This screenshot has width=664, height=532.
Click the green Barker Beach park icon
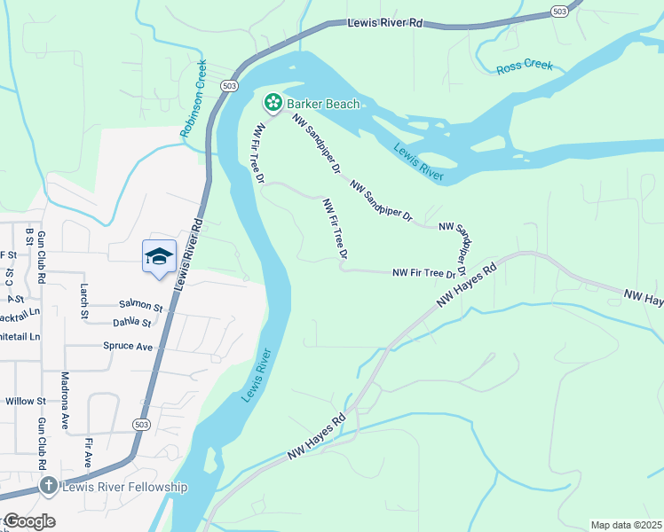coord(273,104)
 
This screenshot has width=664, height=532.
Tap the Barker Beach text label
coord(322,104)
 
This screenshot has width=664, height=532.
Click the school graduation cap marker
coord(159,256)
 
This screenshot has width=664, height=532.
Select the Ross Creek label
coord(525,66)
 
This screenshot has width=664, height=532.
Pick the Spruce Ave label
coord(128,346)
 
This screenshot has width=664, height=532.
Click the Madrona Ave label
coord(64,401)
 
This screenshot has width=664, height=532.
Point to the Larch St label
coord(84,301)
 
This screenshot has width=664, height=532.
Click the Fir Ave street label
coord(88,451)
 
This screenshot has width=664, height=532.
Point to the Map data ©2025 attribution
coord(626,525)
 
